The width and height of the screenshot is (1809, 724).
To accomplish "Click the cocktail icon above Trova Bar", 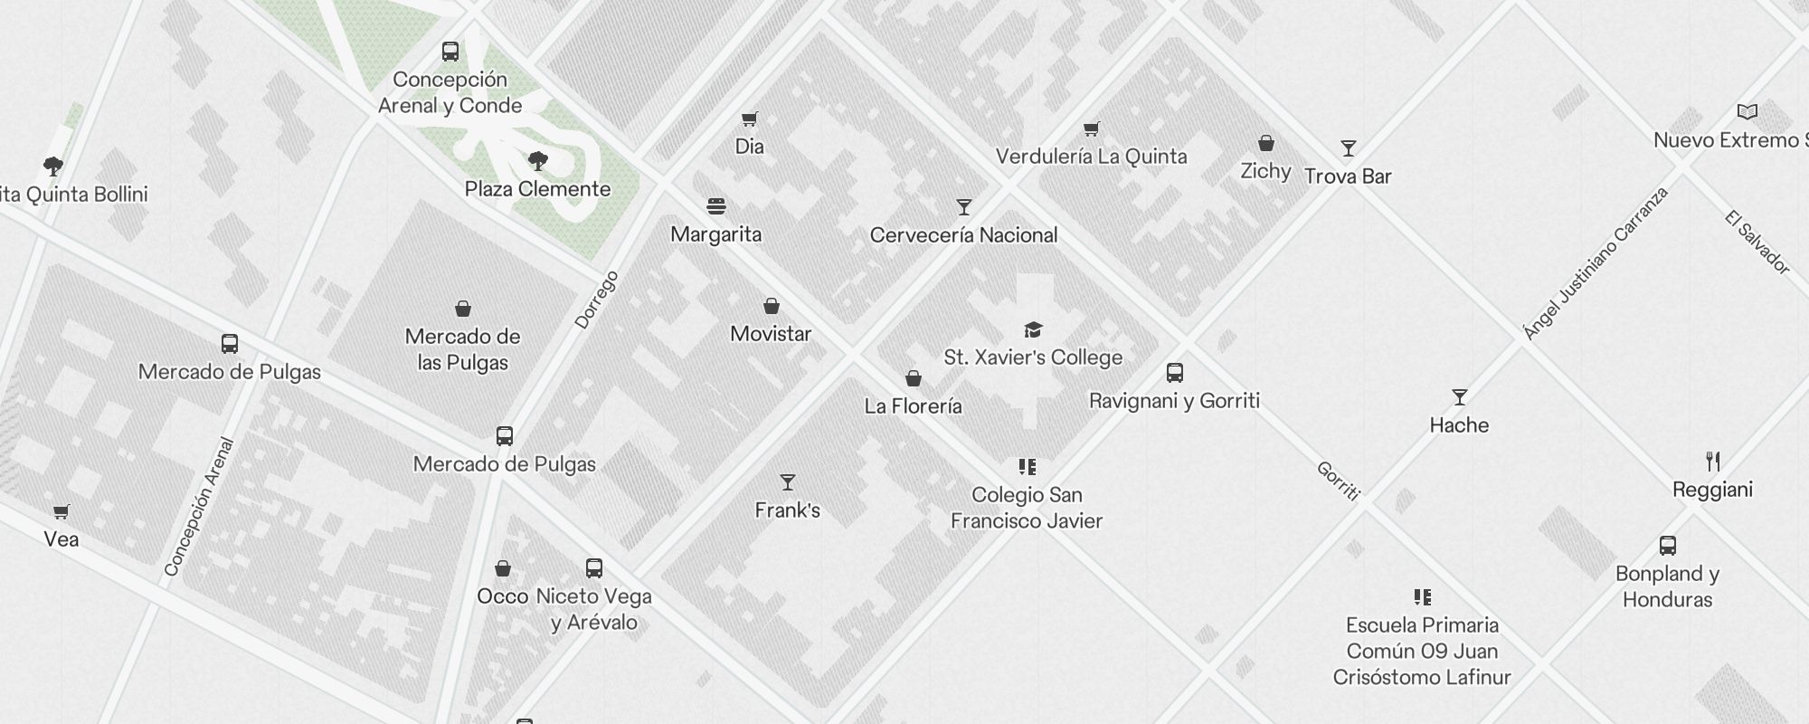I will (x=1348, y=148).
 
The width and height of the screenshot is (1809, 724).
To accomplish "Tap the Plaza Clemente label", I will (x=537, y=189).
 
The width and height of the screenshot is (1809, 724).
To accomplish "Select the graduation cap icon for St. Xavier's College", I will (x=1033, y=329).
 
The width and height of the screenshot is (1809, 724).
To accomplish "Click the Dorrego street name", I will (x=596, y=300).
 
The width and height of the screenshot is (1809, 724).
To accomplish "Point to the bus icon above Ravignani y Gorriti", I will (x=1174, y=373).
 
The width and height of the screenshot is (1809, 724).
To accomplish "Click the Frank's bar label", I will (x=787, y=510).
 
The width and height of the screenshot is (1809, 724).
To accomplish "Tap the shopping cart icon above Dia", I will (x=749, y=119).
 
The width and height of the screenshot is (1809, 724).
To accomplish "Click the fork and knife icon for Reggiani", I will (x=1712, y=462).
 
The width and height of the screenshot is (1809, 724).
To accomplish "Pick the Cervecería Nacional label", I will (x=963, y=235).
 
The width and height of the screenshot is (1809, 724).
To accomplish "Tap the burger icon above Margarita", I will (x=716, y=206).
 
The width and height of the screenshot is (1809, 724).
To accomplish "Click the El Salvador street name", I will (x=1757, y=243).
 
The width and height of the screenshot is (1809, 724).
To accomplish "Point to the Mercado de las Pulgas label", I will (x=462, y=349).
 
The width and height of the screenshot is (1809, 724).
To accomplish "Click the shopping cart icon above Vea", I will (x=61, y=512).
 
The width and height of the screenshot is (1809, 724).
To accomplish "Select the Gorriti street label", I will (x=1338, y=481).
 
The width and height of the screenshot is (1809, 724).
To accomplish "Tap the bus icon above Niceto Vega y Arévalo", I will (x=593, y=568).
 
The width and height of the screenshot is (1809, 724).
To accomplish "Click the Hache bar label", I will (x=1458, y=425).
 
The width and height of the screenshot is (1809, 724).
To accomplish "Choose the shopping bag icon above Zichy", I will (x=1265, y=143).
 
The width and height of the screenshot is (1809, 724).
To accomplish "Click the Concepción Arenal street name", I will (x=199, y=507).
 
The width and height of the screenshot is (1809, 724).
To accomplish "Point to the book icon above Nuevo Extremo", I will (x=1747, y=112).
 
